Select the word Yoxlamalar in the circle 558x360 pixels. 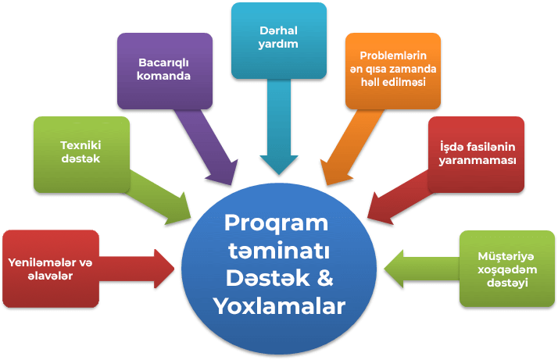pos(279,305)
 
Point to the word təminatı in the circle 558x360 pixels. pos(279,251)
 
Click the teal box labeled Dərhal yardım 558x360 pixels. pos(279,41)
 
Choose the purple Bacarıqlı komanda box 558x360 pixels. pos(165,71)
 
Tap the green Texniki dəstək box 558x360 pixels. pos(81,155)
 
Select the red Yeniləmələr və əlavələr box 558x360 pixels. pos(51,269)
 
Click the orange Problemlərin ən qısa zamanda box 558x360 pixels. pos(393,71)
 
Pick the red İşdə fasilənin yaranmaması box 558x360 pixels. pos(476,155)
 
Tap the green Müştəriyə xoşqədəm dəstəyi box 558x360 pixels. pos(507,269)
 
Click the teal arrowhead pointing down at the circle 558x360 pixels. pos(279,165)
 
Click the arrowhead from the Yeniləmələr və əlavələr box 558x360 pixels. pos(164,269)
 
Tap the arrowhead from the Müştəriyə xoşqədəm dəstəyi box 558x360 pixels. pos(394,269)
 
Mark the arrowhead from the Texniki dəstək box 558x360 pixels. pos(180,211)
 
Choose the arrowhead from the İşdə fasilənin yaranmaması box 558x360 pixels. pos(379,211)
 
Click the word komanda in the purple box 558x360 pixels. pos(163,76)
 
